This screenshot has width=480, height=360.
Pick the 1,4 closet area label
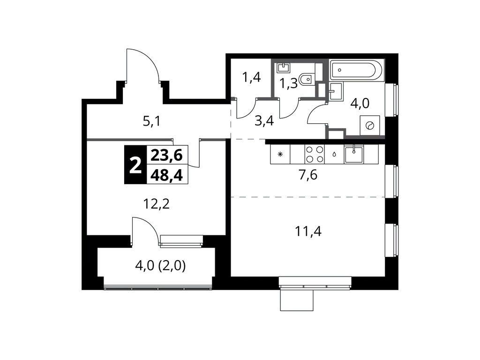[x=251, y=77]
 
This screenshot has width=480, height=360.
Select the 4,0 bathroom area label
[x=360, y=103]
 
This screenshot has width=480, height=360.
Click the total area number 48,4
[x=167, y=174]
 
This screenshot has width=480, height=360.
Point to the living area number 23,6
[x=167, y=154]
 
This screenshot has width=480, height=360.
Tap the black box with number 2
[x=135, y=165]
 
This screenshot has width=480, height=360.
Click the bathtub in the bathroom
[x=356, y=71]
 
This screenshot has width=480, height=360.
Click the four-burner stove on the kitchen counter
[x=314, y=154]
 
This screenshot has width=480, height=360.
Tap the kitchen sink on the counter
[x=353, y=154]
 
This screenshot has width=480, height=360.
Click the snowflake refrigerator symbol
[x=280, y=154]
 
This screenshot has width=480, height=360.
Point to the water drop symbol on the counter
[x=334, y=154]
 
